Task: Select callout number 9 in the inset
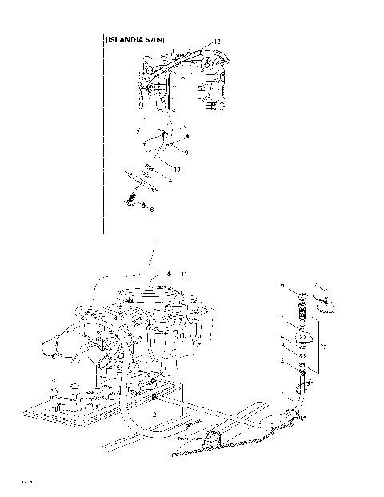click(x=186, y=151)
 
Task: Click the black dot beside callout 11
click(x=170, y=272)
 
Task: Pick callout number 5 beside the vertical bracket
click(x=324, y=347)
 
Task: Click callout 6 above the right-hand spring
click(x=282, y=284)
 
